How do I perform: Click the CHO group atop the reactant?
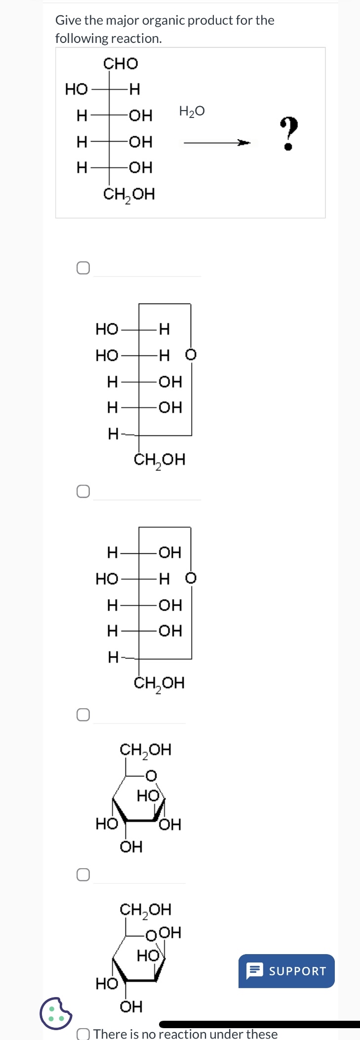(120, 64)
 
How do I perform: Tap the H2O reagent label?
(192, 112)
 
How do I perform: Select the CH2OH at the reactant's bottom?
(129, 194)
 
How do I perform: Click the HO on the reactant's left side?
(76, 89)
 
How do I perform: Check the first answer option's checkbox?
(83, 268)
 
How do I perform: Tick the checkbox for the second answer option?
(83, 491)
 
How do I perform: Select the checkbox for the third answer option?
(83, 715)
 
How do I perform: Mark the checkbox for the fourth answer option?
(83, 875)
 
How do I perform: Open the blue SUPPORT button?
(286, 971)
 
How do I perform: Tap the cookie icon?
(56, 1013)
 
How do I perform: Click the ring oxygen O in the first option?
(191, 355)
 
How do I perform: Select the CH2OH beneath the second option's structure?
(159, 684)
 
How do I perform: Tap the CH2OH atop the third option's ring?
(146, 750)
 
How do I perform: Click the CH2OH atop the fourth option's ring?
(146, 910)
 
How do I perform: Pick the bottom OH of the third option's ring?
(131, 847)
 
